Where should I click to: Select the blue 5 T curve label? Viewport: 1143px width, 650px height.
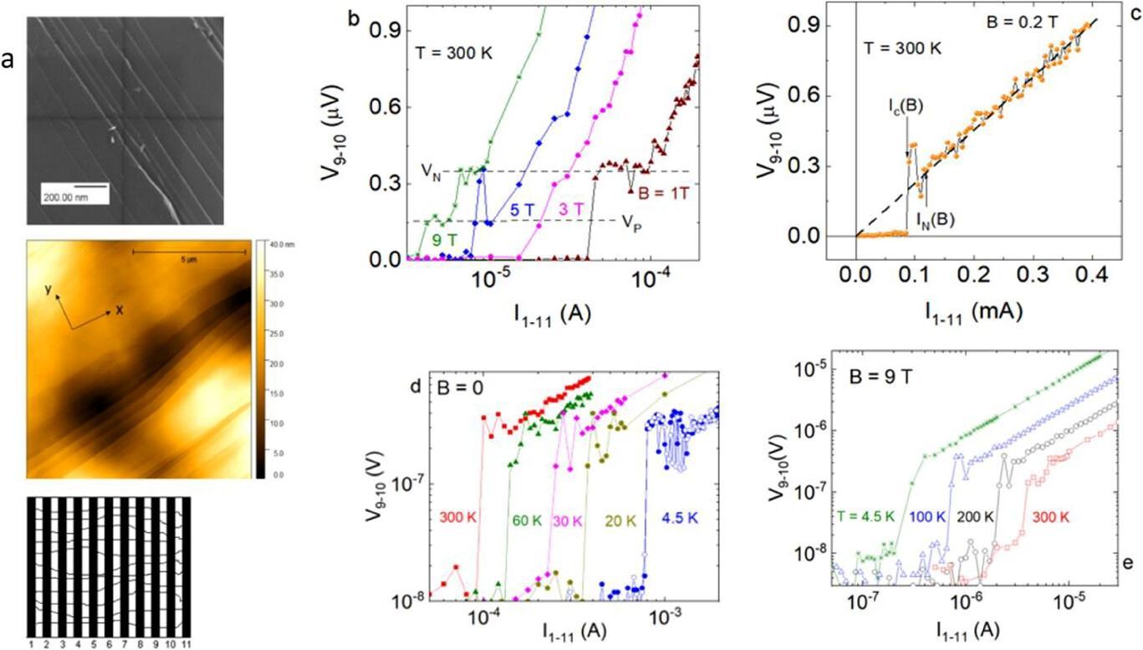tap(523, 209)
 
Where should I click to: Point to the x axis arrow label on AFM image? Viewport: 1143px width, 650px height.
tap(120, 310)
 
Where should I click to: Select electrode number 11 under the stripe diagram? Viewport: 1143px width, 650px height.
tap(185, 645)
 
